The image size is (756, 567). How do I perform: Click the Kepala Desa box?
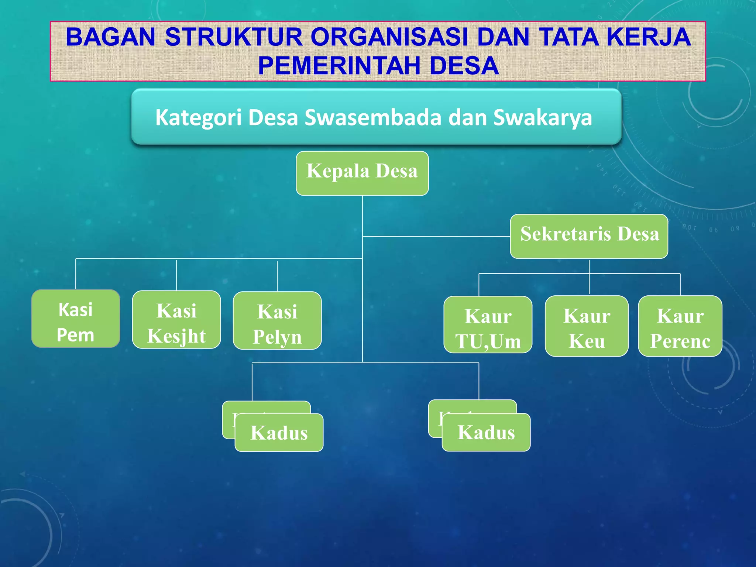pyautogui.click(x=362, y=173)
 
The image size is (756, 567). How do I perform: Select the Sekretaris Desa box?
pyautogui.click(x=589, y=236)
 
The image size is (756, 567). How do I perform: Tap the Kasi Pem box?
pyautogui.click(x=76, y=319)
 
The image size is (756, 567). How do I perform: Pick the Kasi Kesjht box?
pyautogui.click(x=176, y=320)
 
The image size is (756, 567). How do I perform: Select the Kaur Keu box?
pyautogui.click(x=587, y=326)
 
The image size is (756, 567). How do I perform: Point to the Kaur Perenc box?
pyautogui.click(x=680, y=326)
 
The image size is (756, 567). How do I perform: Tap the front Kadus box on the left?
pyautogui.click(x=279, y=433)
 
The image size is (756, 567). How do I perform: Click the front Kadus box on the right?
pyautogui.click(x=486, y=432)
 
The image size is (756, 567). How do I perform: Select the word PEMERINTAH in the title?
pyautogui.click(x=339, y=66)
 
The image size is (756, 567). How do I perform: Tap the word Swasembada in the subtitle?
pyautogui.click(x=373, y=118)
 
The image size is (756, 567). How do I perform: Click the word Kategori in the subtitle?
pyautogui.click(x=198, y=118)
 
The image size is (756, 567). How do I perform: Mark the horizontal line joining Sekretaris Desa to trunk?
pyautogui.click(x=436, y=236)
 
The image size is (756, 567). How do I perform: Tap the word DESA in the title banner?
pyautogui.click(x=464, y=66)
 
